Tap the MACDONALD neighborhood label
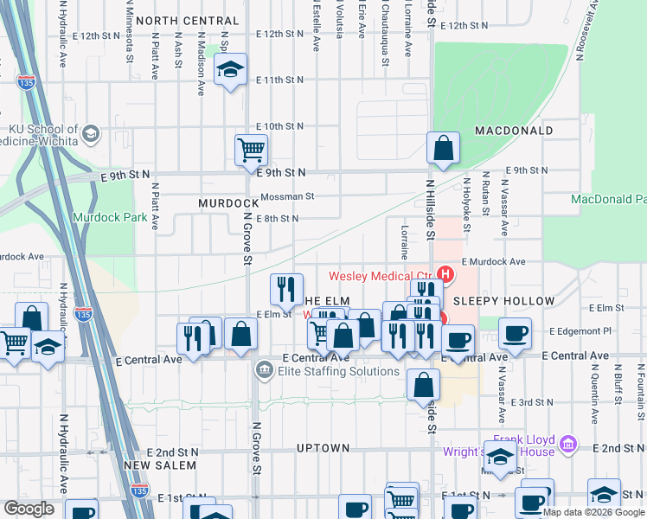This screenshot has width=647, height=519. pos(514,131)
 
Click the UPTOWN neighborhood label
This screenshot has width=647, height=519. pos(323,448)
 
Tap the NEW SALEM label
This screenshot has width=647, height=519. pos(160,465)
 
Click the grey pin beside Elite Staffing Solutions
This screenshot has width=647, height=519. pos(263,371)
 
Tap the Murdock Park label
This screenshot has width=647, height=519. pos(110,217)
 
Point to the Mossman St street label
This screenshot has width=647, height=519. pos(286,196)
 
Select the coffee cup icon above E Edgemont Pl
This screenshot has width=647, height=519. pos(515,332)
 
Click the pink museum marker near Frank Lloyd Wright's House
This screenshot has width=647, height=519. pos(568,445)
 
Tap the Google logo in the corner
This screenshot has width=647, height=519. pos(29,509)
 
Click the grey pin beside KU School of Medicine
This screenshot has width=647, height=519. pos(91,135)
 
